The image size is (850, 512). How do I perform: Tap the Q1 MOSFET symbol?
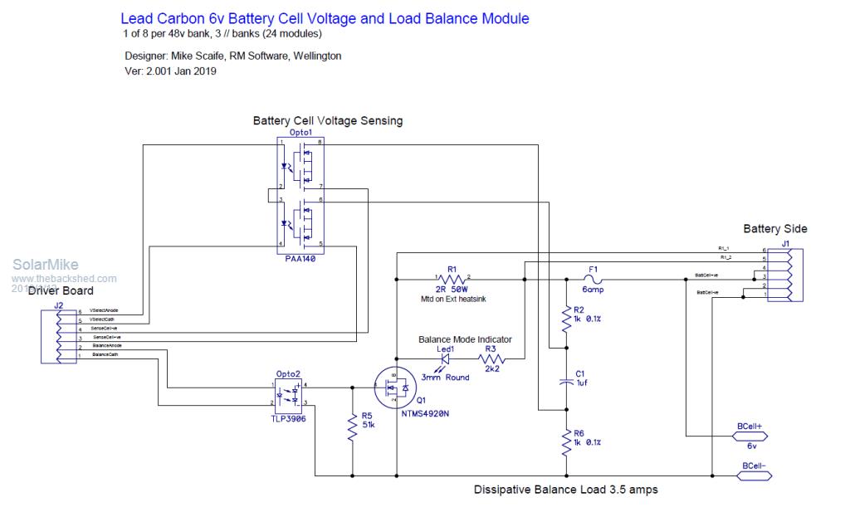click(x=397, y=387)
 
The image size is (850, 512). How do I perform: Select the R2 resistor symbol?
click(x=567, y=319)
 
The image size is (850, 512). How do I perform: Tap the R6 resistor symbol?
click(x=567, y=442)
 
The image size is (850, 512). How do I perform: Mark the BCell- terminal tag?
click(x=754, y=475)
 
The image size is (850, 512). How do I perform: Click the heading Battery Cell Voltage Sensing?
click(x=327, y=120)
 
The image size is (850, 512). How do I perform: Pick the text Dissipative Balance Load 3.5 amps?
click(x=565, y=490)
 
